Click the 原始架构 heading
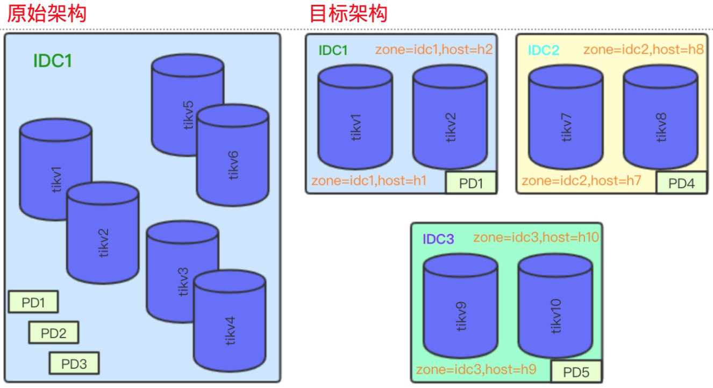pyautogui.click(x=46, y=13)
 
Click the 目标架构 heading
pyautogui.click(x=348, y=13)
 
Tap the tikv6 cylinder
pyautogui.click(x=233, y=161)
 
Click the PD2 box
pyautogui.click(x=53, y=333)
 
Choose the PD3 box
pyautogui.click(x=74, y=363)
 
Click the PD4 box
pyautogui.click(x=681, y=183)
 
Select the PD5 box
pyautogui.click(x=576, y=372)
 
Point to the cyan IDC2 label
pyautogui.click(x=544, y=51)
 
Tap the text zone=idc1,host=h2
pyautogui.click(x=434, y=50)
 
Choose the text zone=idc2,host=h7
pyautogui.click(x=581, y=181)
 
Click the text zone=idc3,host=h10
pyautogui.click(x=536, y=237)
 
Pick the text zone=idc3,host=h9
pyautogui.click(x=476, y=369)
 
